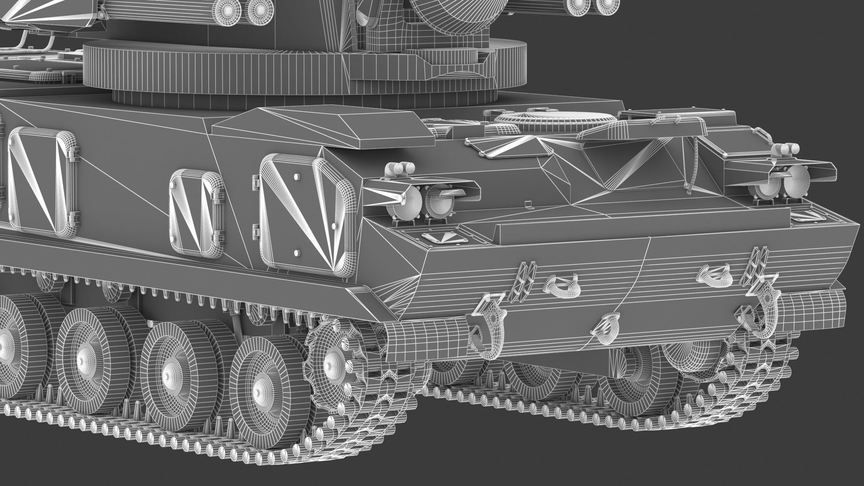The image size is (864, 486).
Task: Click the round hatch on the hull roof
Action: (x=555, y=121)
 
